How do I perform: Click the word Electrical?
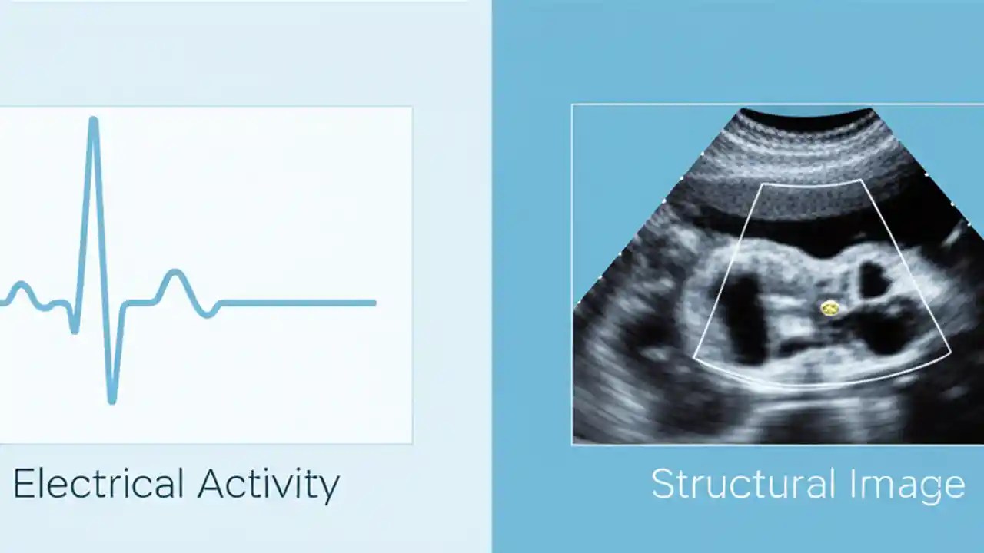pos(98,484)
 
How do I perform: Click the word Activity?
pos(268,484)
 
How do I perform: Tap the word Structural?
pos(742,484)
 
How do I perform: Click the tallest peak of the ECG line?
pos(93,121)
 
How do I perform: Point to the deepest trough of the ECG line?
pos(112,399)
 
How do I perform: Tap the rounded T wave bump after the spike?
pos(175,273)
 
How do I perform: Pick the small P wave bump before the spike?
pos(21,286)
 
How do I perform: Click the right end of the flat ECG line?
pos(374,303)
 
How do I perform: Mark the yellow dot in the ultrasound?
pos(829,308)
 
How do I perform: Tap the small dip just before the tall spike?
pos(75,329)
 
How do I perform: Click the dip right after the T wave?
pos(208,314)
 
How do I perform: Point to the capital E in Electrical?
pos(24,484)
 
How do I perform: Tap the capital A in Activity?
pos(211,484)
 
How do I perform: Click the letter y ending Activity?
pos(330,488)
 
